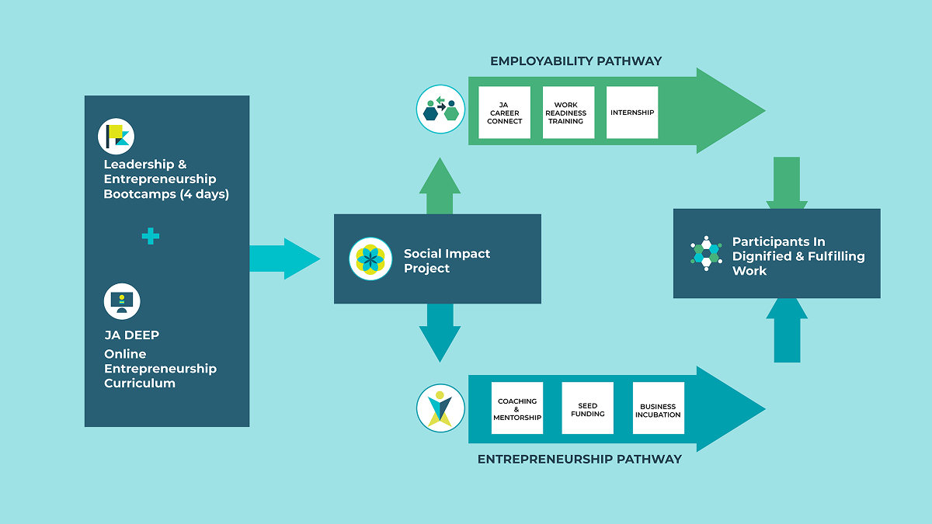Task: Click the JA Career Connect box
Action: (504, 113)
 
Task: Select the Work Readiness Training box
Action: (569, 113)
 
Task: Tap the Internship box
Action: (632, 113)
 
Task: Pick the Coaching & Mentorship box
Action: (517, 408)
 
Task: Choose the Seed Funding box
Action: (587, 408)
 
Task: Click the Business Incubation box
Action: (659, 408)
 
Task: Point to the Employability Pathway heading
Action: (576, 61)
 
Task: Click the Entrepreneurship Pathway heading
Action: (579, 460)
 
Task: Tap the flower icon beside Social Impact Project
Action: (370, 259)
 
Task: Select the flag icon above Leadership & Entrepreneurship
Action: (116, 137)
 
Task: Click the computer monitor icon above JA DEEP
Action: (122, 301)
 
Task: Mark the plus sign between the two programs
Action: (151, 237)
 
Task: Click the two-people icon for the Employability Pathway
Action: (440, 109)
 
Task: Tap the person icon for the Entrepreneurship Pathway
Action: (440, 408)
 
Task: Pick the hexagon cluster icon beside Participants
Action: (706, 253)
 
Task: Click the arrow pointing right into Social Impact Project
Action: (284, 259)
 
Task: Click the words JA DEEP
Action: (131, 335)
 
